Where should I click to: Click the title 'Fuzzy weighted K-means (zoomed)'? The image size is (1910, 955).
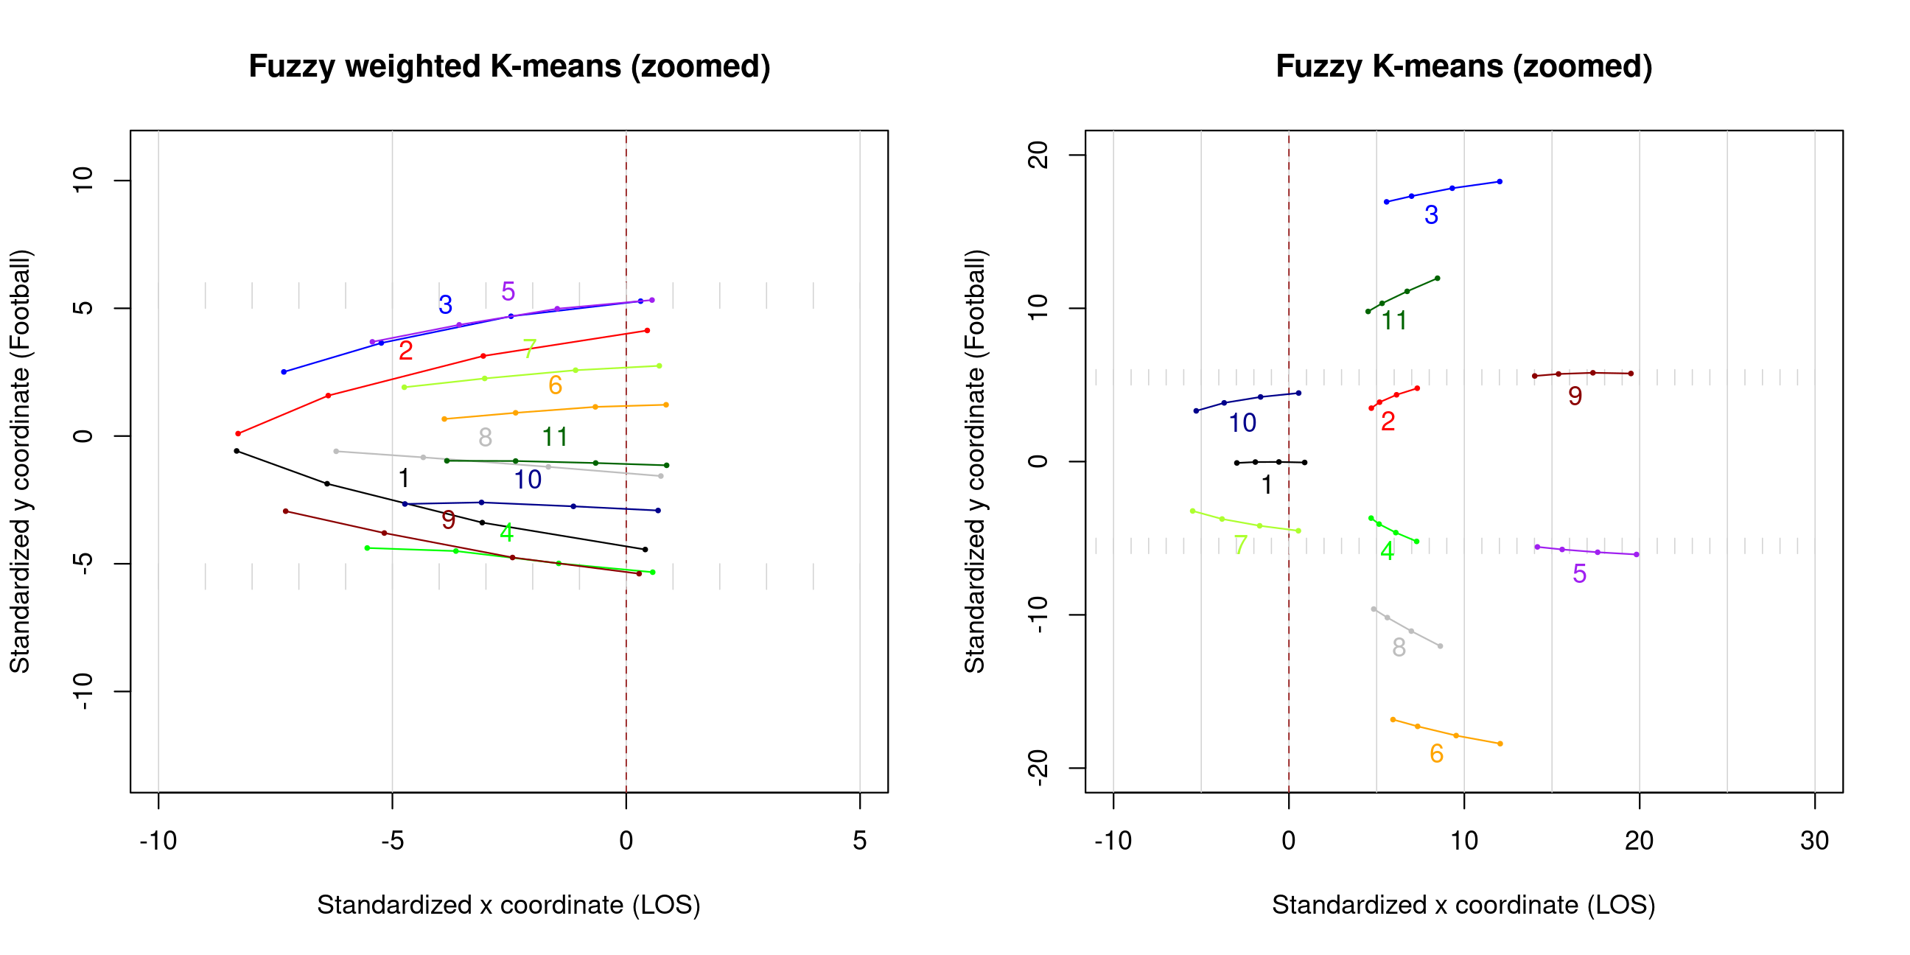pos(509,67)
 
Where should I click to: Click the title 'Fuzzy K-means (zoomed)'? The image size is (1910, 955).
pos(1463,67)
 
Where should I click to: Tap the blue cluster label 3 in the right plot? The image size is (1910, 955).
pos(1431,215)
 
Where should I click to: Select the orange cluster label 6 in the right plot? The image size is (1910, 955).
pos(1436,753)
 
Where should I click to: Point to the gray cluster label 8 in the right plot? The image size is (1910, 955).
pos(1399,647)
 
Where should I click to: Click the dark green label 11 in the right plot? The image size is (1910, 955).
pos(1394,321)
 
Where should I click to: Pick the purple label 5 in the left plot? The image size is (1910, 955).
pos(508,291)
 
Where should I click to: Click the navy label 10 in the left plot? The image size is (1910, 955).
pos(528,480)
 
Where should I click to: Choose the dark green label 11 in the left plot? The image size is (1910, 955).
pos(555,437)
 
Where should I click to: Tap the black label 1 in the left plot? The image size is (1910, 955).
pos(403,478)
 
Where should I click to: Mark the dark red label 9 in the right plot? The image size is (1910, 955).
pos(1575,396)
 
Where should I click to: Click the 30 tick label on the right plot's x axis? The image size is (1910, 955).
pos(1813,840)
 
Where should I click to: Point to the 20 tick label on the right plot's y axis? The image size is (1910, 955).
pos(1039,155)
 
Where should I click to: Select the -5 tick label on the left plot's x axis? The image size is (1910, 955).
pos(391,840)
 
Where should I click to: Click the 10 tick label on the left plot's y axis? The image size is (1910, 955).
pos(83,181)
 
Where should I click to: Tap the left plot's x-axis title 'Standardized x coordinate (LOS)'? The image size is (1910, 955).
pos(508,905)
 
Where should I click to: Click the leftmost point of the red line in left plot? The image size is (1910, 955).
pos(238,434)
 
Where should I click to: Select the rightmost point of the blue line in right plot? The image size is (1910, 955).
pos(1500,182)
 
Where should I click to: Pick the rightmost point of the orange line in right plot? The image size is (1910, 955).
pos(1500,744)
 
